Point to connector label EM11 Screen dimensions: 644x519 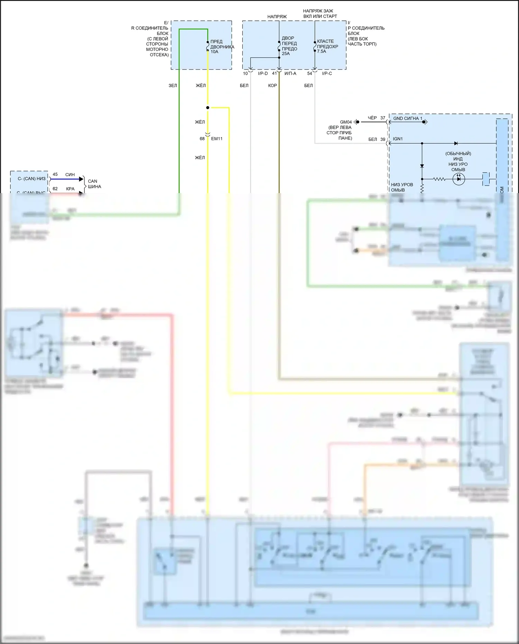pos(217,139)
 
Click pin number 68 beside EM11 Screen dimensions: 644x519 pos(202,139)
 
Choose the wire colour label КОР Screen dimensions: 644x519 pos(272,85)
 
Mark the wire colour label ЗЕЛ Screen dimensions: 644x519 pos(173,85)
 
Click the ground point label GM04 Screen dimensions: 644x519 pos(346,122)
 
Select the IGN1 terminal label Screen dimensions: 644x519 pos(398,139)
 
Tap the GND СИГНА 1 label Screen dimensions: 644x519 pos(408,118)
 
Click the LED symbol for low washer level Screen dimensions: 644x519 pos(459,179)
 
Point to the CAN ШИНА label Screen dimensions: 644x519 pos(94,184)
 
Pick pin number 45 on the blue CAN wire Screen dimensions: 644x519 pos(55,174)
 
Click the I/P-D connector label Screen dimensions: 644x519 pos(263,73)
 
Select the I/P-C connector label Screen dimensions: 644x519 pos(327,73)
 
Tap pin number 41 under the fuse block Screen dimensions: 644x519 pos(274,73)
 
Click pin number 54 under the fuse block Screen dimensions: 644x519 pos(310,73)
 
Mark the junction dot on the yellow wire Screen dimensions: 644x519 pos(208,108)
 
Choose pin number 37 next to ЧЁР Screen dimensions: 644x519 pos(383,118)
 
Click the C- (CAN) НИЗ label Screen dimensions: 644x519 pos(31,179)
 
